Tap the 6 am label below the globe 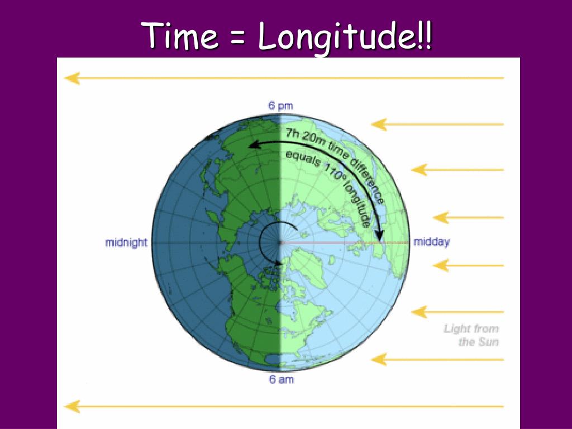[x=280, y=380]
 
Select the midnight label [x=126, y=242]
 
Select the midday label [x=431, y=242]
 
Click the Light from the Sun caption [x=471, y=335]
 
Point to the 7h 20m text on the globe [x=299, y=136]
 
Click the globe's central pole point [x=280, y=243]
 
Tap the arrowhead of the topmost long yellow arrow [x=71, y=78]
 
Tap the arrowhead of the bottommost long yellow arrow [x=71, y=406]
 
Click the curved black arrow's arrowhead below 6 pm [x=253, y=145]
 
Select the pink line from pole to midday [x=346, y=243]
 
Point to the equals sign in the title [x=237, y=37]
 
